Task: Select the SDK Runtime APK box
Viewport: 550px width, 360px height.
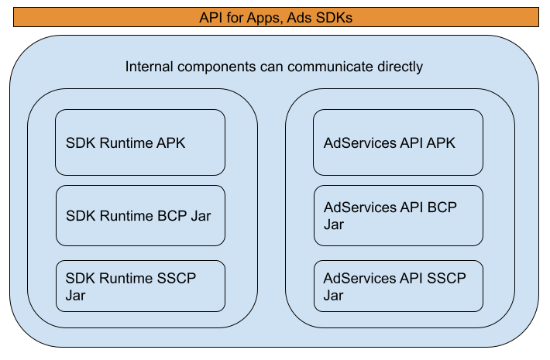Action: [140, 142]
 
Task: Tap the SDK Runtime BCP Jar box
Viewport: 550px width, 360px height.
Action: [140, 215]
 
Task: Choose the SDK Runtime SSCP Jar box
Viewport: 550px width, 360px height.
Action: [140, 286]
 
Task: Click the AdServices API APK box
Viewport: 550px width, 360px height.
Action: [398, 142]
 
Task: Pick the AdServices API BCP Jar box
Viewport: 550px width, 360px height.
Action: [398, 215]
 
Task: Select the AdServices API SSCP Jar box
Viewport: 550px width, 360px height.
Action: [398, 286]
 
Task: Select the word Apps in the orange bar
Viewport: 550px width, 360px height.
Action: [260, 16]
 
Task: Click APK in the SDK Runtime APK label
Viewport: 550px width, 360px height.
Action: [170, 143]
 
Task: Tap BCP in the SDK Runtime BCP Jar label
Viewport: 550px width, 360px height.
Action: [172, 216]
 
